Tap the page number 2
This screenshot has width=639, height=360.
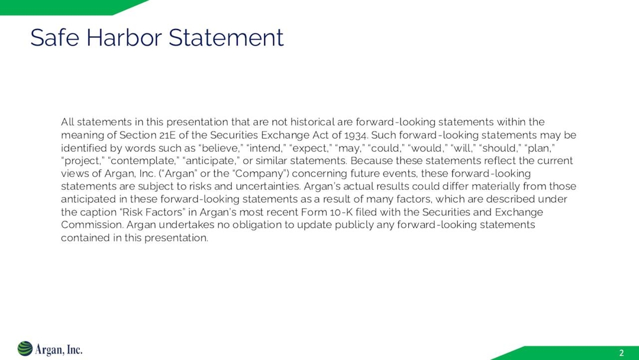(x=621, y=353)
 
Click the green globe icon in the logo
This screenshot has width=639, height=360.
(x=25, y=349)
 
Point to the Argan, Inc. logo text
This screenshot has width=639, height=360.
(x=59, y=349)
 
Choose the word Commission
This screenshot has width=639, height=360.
(x=91, y=225)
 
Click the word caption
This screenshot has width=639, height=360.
(x=98, y=212)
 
